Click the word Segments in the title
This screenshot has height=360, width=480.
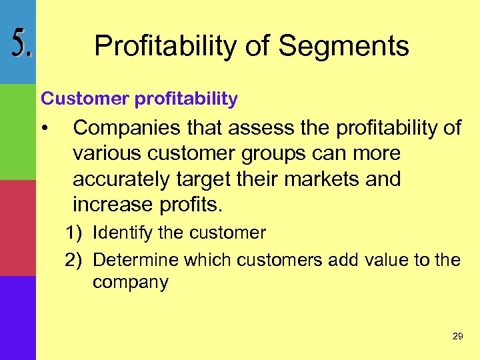(x=343, y=46)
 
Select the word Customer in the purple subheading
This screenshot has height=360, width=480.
(x=85, y=99)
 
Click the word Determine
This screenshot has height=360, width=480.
(x=135, y=259)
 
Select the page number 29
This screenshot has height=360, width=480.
(x=457, y=337)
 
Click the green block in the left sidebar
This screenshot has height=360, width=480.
(x=17, y=132)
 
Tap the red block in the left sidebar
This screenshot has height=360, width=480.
(x=17, y=227)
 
